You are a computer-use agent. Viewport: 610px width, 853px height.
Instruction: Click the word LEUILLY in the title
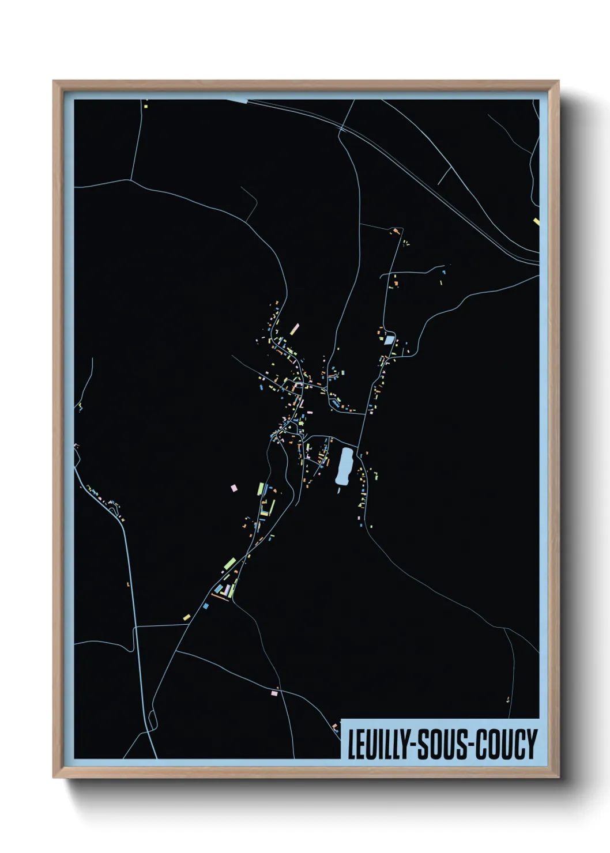376,745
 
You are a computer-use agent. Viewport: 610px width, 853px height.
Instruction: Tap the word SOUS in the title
444,745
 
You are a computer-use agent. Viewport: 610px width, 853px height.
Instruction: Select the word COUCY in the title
507,745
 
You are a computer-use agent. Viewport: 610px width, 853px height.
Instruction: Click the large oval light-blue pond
344,466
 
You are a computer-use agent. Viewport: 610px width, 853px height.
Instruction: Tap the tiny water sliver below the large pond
339,491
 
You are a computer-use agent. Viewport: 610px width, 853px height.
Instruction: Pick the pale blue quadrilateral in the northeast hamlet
389,340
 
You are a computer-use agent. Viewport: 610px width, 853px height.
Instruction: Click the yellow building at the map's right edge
536,221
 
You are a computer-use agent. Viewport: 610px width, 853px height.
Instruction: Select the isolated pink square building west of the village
234,488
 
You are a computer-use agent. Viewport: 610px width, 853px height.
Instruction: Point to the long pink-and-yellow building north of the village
294,329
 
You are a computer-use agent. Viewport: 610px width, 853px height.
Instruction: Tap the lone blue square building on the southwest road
205,606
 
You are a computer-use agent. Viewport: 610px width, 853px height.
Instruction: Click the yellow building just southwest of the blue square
186,617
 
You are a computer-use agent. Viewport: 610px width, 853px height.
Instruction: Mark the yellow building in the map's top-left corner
145,105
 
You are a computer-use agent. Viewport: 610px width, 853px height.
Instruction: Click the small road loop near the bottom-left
152,719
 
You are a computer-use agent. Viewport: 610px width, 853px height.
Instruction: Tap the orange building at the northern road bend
396,231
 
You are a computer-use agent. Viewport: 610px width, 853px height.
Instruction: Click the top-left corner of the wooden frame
54,81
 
